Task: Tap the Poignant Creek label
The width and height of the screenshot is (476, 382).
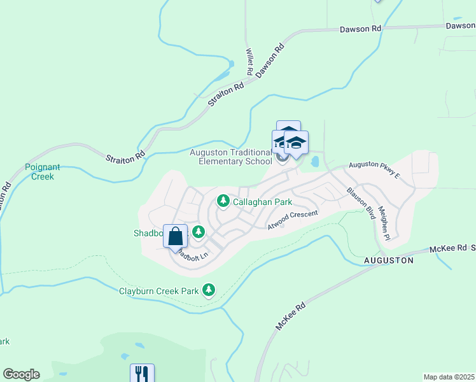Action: click(x=43, y=172)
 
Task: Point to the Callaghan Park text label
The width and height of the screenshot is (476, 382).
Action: click(x=262, y=202)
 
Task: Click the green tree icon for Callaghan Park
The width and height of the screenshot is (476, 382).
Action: click(x=223, y=201)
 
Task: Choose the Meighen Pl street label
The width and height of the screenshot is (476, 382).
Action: click(x=383, y=223)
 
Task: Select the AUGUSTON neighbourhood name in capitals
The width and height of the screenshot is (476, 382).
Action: click(x=388, y=260)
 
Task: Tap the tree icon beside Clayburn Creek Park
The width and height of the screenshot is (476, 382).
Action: click(x=208, y=290)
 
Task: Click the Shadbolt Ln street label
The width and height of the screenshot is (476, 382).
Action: click(x=190, y=255)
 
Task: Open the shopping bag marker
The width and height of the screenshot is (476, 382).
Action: click(x=176, y=237)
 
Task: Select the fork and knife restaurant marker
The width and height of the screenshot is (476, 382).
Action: click(x=142, y=374)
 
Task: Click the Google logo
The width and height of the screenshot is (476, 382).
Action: click(x=21, y=374)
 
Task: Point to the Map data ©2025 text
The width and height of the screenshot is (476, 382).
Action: click(x=449, y=377)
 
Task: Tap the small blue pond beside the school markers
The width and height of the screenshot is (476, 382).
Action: click(x=315, y=162)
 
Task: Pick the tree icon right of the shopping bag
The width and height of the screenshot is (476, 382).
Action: click(x=199, y=232)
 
